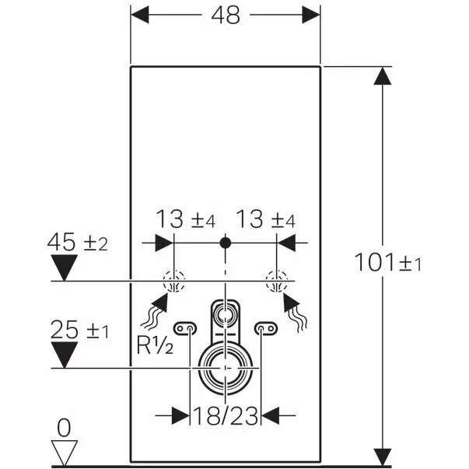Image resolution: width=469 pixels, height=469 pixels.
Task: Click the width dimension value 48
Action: coord(225,16)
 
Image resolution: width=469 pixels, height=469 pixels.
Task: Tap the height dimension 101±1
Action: coord(388,263)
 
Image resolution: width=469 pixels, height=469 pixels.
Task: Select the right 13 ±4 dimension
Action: coord(264,221)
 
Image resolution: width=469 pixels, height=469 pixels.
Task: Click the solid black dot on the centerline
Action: coord(225,243)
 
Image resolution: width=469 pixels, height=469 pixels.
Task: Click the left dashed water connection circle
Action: coord(173,280)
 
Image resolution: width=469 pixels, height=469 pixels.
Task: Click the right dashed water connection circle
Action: coord(276,280)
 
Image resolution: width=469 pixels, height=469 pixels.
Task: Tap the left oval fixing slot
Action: coord(185,329)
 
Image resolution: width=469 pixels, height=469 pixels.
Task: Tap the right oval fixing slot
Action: coord(265,329)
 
